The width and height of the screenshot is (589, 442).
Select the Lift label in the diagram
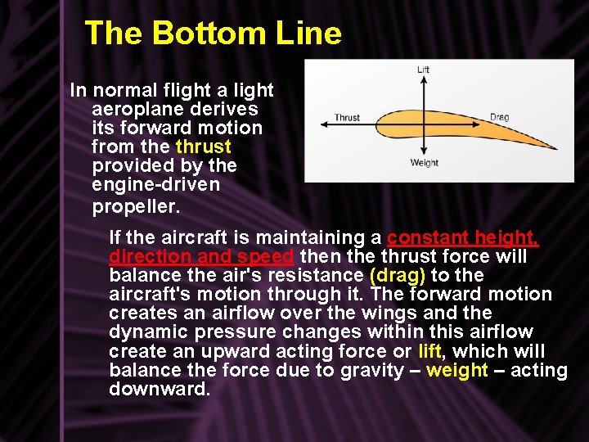[x=423, y=70]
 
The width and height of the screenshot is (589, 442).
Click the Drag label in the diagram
[x=499, y=117]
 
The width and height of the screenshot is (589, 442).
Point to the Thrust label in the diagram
[x=347, y=118]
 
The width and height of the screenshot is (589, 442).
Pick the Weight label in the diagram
[x=425, y=163]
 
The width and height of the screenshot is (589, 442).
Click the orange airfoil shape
[x=442, y=127]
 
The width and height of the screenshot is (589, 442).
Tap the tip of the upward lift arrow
[x=423, y=78]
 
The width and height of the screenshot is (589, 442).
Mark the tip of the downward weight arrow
[x=423, y=155]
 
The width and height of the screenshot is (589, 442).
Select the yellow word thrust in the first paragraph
[x=204, y=147]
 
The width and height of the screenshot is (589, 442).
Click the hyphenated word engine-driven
[x=156, y=184]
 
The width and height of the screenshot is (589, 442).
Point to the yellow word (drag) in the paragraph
[x=398, y=276]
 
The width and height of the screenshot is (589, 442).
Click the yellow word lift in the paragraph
[x=429, y=351]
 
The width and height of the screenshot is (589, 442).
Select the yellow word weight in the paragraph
[x=457, y=370]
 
